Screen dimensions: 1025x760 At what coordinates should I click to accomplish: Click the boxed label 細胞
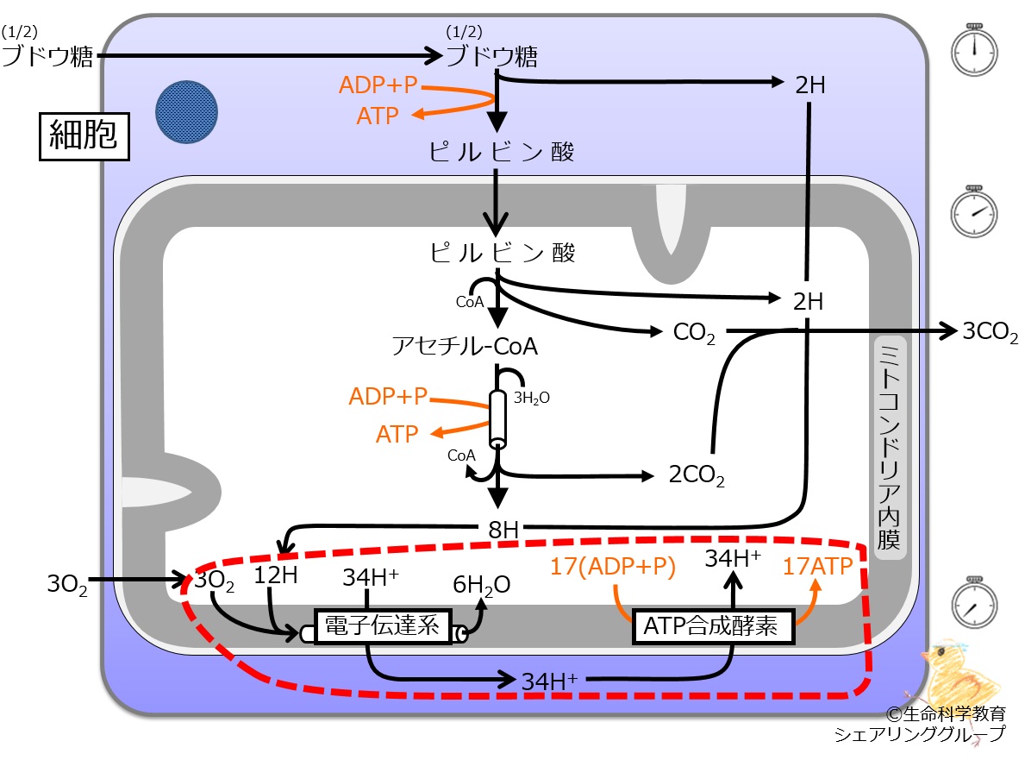coord(84,136)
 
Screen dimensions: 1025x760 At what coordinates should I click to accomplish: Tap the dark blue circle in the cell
coord(186,112)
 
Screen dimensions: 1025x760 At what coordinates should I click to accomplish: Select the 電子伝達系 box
coord(383,626)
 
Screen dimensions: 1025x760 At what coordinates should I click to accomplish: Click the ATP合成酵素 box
coord(713,626)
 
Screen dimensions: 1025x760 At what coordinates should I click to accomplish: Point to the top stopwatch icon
coord(974,50)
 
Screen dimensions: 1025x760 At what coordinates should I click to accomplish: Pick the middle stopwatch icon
coord(974,211)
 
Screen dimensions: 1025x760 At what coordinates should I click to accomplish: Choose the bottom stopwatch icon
coord(974,603)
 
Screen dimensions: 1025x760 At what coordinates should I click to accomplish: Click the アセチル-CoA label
coord(465,345)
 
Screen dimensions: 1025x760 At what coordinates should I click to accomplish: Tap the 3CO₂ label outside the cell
coord(990,331)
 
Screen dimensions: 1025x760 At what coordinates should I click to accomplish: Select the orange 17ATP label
coord(818,566)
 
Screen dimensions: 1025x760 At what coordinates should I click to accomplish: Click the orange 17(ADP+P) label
coord(613,567)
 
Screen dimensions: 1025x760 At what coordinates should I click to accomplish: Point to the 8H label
coord(503,529)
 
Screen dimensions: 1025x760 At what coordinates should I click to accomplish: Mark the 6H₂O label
coord(482,585)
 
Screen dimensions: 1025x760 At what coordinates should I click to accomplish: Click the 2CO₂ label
coord(697,474)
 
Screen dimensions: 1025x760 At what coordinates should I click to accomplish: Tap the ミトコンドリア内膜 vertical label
coord(890,447)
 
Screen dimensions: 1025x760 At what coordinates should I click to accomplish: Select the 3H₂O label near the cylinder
coord(531,398)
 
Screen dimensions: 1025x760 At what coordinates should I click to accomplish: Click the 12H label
coord(275,575)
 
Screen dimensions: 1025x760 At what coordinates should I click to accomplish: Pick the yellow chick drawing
coord(961,674)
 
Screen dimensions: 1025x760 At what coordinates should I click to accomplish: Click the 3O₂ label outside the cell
coord(66,583)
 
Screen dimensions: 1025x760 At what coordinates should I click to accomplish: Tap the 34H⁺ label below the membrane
coord(550,681)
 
